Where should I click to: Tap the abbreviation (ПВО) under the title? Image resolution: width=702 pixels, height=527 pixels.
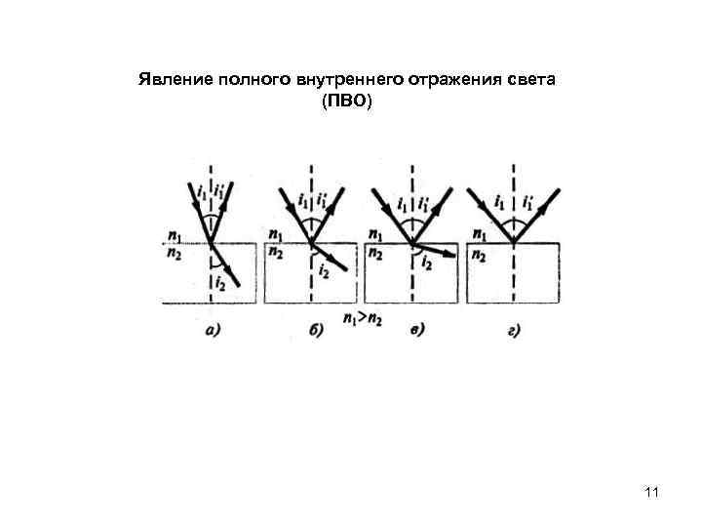tap(346, 101)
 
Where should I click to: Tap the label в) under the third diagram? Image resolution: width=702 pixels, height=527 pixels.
tap(416, 330)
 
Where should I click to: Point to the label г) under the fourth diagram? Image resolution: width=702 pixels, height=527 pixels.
tap(514, 330)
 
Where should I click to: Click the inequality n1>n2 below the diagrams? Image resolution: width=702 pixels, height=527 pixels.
tap(362, 317)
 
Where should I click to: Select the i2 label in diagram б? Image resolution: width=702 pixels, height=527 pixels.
tap(322, 272)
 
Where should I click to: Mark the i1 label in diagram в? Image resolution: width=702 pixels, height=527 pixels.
tap(401, 205)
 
